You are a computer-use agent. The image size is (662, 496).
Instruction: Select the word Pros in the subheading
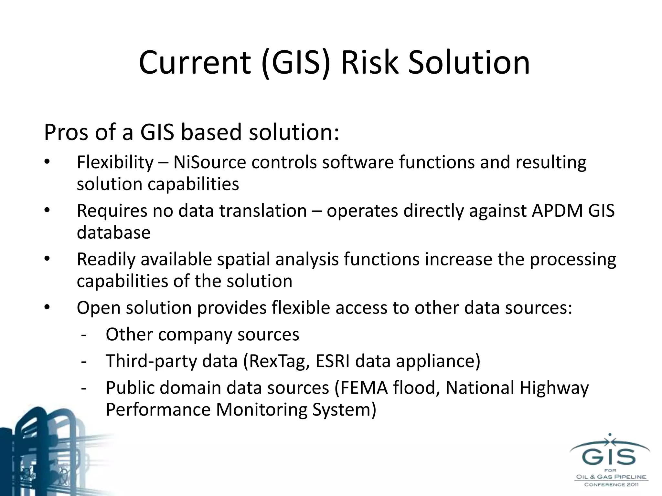coord(66,132)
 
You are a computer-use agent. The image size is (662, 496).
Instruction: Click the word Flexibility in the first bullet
coord(115,162)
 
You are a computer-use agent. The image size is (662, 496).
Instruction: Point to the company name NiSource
coord(210,162)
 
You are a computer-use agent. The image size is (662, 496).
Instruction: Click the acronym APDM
coord(556,211)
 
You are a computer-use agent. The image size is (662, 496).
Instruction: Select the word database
coord(113,232)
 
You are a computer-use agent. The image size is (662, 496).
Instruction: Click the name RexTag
coord(278,361)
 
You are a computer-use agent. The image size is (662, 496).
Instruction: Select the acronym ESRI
coord(333,361)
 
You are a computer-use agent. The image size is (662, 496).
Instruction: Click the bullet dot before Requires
coord(47,210)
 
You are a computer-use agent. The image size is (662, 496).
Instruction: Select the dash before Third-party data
coord(84,361)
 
